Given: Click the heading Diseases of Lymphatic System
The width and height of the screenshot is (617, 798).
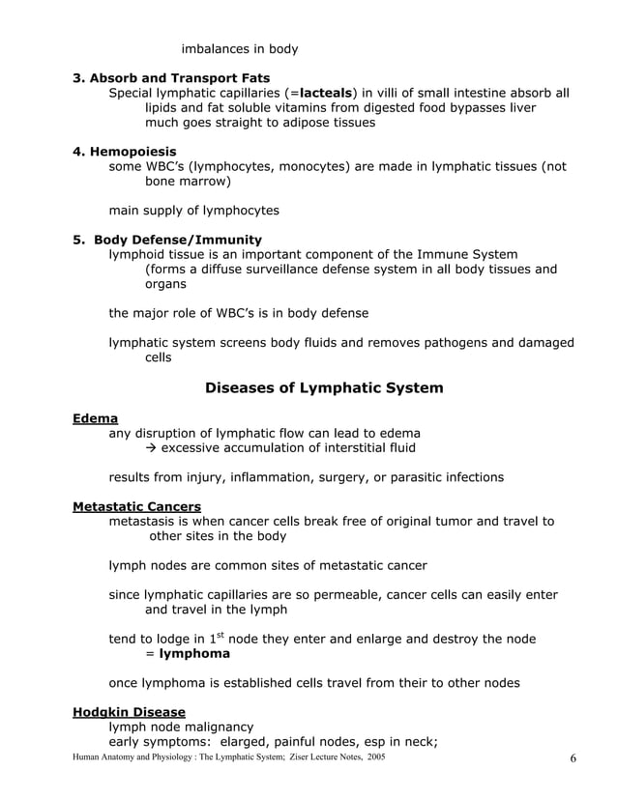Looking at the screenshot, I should [324, 388].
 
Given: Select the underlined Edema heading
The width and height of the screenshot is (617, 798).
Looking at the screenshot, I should [95, 418].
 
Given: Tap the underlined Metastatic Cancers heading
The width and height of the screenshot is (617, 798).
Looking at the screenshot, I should [136, 506].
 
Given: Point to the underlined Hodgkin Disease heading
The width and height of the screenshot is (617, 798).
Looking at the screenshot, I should [129, 712].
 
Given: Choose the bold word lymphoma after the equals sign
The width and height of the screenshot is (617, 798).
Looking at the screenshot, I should [194, 653].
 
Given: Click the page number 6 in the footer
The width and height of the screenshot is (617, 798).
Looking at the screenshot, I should [573, 758].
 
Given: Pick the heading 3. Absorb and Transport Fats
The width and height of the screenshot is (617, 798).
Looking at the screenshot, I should [171, 77].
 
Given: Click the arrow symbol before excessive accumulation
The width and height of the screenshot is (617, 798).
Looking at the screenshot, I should [151, 447].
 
